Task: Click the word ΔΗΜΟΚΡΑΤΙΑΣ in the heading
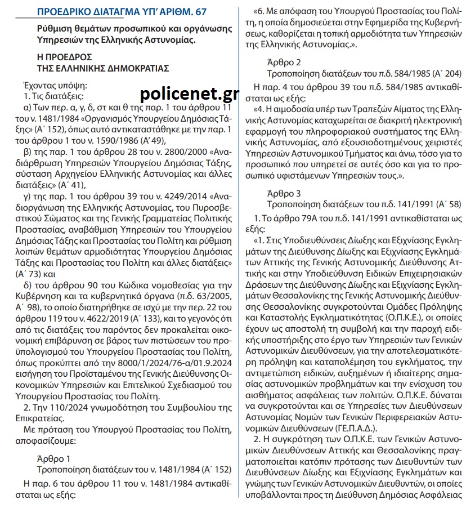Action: [x=133, y=69]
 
